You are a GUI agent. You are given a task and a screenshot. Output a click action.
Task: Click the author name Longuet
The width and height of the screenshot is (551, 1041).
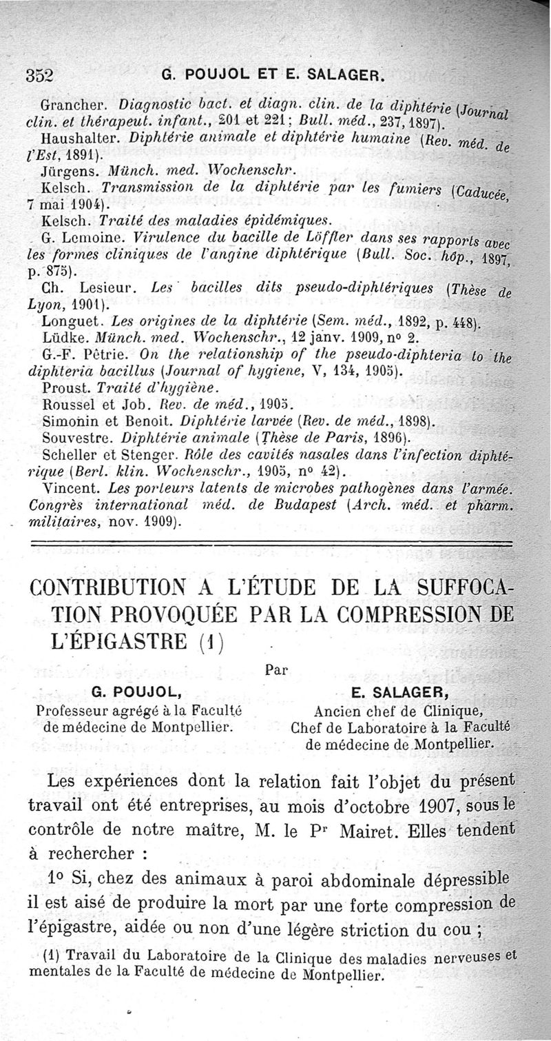coord(67,321)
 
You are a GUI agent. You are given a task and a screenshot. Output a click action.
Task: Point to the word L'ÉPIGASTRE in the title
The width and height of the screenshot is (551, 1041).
coord(120,643)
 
